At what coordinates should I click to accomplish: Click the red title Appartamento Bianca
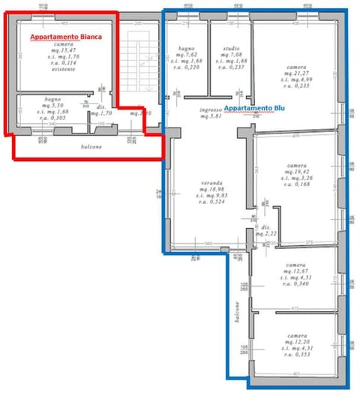coord(64,35)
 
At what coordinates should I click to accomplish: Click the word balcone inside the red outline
coord(92,146)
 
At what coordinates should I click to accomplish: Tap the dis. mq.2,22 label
coord(265,231)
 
